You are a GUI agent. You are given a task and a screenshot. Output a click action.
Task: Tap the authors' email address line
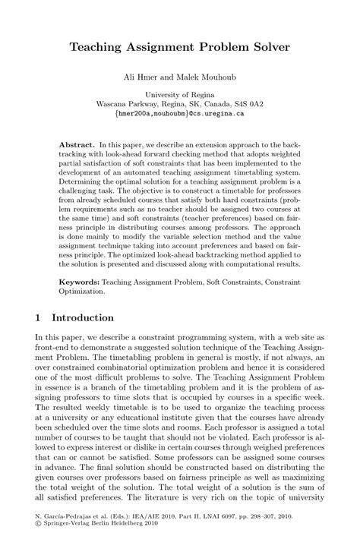click(x=179, y=114)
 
